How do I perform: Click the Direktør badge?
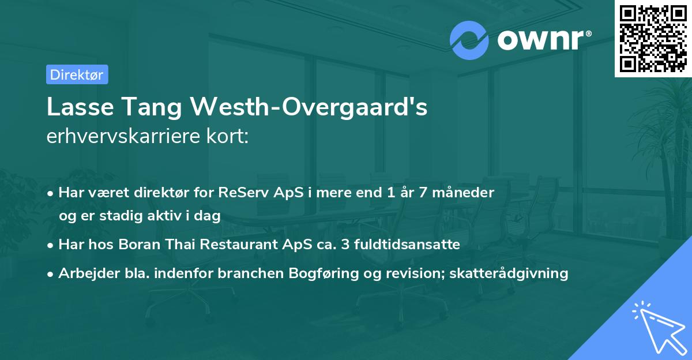77,74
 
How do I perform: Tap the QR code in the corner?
652,38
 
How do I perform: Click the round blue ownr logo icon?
469,40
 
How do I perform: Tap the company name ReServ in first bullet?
238,193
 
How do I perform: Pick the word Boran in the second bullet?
138,244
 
